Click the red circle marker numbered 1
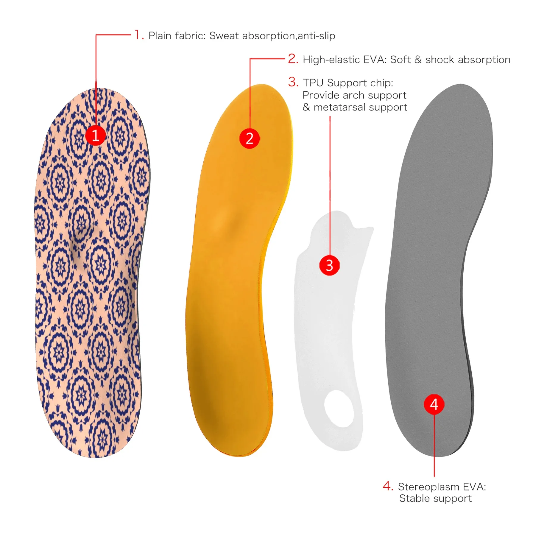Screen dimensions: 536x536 [x=96, y=135]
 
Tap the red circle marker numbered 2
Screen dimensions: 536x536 [x=250, y=138]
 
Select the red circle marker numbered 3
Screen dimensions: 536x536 [x=329, y=265]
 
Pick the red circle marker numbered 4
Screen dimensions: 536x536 [x=434, y=404]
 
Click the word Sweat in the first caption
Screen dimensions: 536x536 [x=224, y=36]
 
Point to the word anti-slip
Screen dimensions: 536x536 [x=316, y=36]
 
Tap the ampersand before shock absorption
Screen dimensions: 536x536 [x=418, y=60]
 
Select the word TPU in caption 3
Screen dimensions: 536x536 [x=313, y=83]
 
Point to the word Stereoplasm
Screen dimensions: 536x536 [x=429, y=487]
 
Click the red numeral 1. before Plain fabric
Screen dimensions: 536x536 [x=139, y=35]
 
